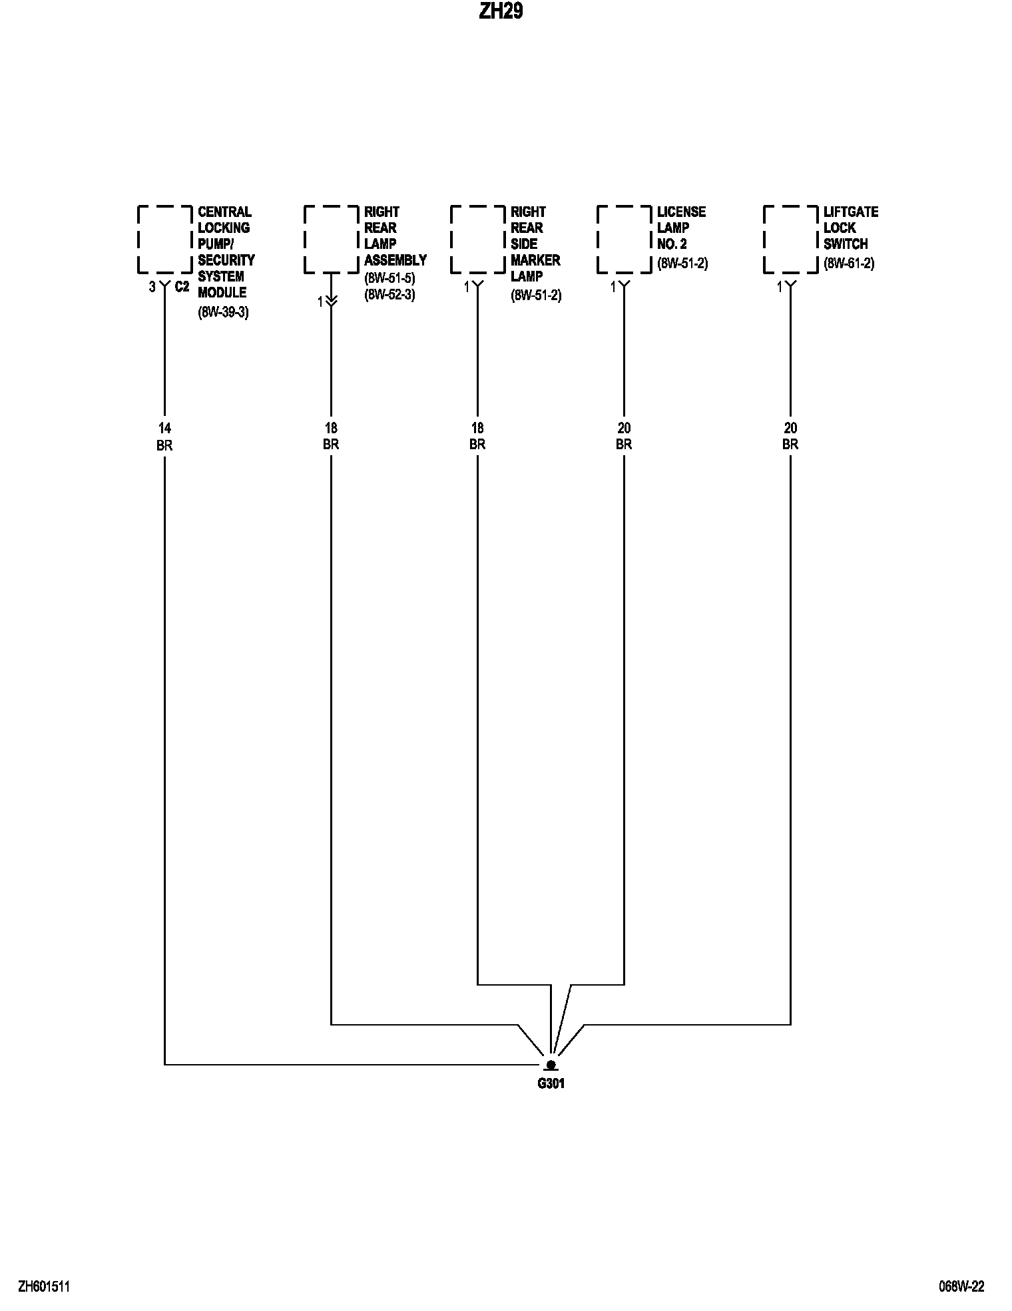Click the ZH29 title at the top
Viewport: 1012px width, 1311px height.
coord(501,12)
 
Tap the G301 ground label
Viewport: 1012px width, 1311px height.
coord(551,1083)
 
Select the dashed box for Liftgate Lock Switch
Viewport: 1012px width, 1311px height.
coord(790,240)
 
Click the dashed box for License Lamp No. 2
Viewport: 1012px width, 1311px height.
coord(624,240)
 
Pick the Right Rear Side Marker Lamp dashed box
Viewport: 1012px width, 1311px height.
coord(477,240)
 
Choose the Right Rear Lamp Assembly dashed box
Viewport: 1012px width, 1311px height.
coord(331,240)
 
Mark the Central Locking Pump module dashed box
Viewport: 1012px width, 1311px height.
coord(164,240)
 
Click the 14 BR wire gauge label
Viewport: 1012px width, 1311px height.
coord(164,437)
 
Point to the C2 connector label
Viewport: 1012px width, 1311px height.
coord(182,287)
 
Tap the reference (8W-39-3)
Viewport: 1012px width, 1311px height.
coord(223,312)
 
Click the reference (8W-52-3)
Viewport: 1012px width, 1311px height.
coord(389,295)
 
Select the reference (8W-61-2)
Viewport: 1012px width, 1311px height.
coord(849,264)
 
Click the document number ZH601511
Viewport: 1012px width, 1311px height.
coord(44,1286)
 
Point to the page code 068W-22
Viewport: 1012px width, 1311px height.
coord(961,1286)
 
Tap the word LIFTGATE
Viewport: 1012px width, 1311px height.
coord(851,212)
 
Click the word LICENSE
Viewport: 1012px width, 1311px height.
coord(681,212)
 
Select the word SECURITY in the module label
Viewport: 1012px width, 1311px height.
coord(226,260)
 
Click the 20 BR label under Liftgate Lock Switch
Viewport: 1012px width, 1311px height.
coord(790,437)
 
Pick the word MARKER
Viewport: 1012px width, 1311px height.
coord(535,260)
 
